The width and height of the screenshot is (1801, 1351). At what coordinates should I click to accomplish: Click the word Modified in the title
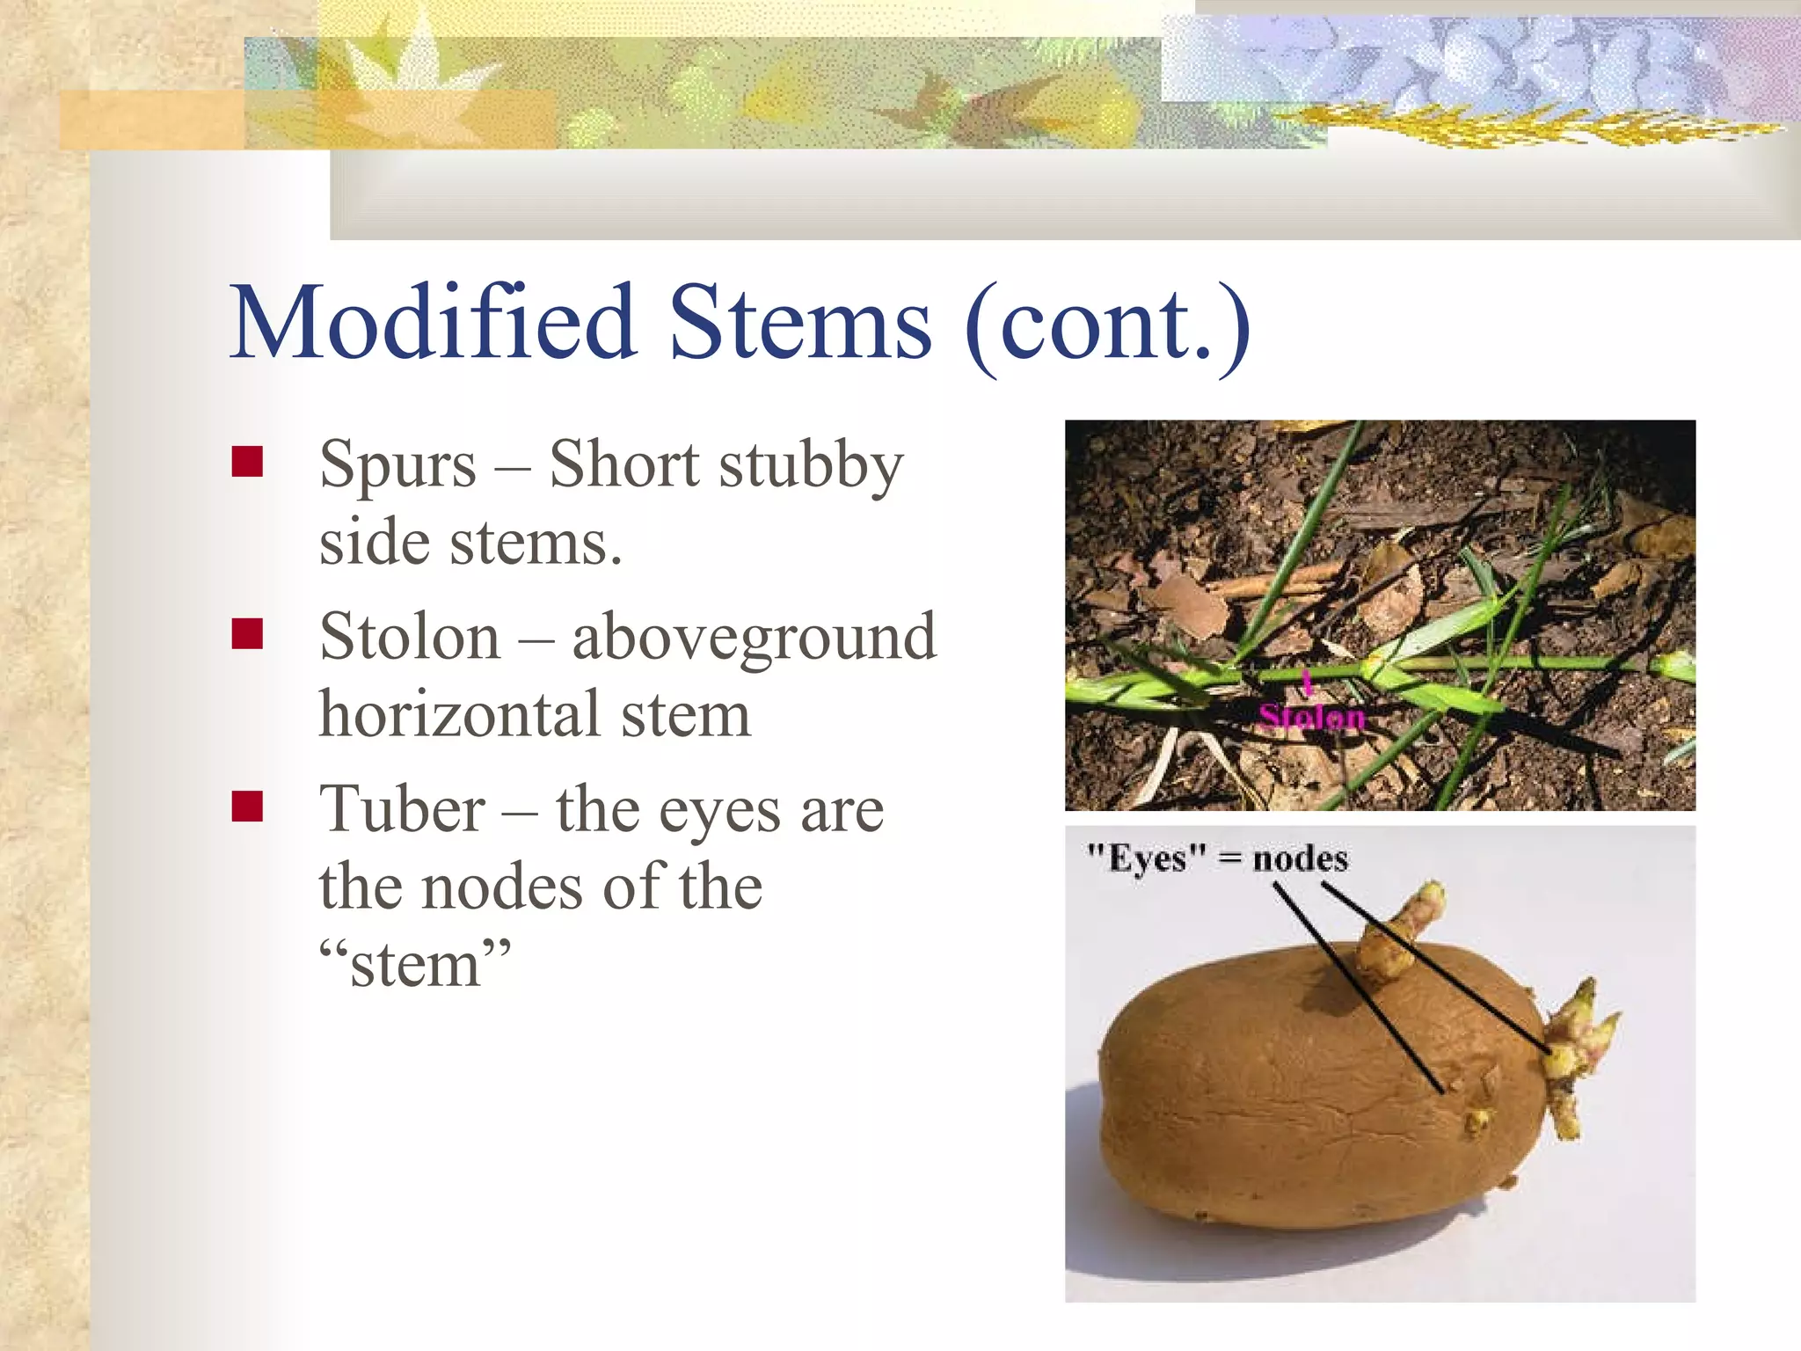(x=433, y=322)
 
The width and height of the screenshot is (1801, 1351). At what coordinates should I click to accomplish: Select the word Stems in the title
(x=799, y=322)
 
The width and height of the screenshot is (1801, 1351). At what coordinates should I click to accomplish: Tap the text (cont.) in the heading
(x=1107, y=325)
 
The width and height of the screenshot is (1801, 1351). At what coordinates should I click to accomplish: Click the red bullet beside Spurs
(x=248, y=462)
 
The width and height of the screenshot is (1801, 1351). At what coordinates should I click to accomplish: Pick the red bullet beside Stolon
(x=248, y=633)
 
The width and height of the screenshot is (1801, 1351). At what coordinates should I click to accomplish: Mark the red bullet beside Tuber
(x=248, y=806)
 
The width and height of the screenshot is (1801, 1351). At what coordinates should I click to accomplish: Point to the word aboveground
(x=754, y=637)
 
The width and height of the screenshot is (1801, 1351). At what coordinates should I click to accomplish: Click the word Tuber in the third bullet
(x=402, y=808)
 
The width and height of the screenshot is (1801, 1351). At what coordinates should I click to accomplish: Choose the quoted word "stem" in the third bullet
(x=414, y=964)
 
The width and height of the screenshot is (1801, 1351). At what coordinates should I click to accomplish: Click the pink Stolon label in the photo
(x=1310, y=717)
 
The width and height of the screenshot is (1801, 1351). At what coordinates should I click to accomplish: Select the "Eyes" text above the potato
(x=1146, y=858)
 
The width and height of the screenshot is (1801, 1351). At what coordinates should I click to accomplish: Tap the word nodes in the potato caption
(x=1300, y=858)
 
